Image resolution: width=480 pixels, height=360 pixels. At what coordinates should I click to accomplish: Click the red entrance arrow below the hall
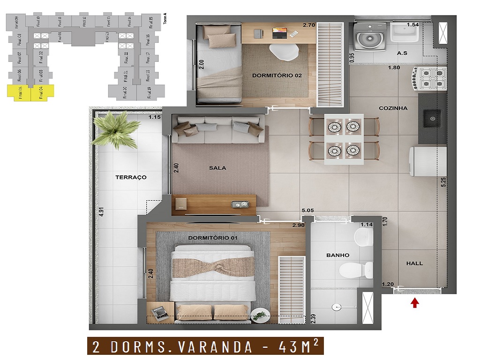(414, 303)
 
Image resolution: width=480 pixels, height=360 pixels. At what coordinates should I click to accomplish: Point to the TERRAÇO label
(131, 177)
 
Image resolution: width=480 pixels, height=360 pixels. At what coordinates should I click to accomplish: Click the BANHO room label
(337, 255)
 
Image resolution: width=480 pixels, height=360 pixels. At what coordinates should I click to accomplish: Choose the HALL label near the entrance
(414, 263)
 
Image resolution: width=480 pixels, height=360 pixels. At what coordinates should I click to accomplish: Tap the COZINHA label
(393, 108)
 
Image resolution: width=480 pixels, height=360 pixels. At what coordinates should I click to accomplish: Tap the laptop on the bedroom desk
(279, 33)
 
